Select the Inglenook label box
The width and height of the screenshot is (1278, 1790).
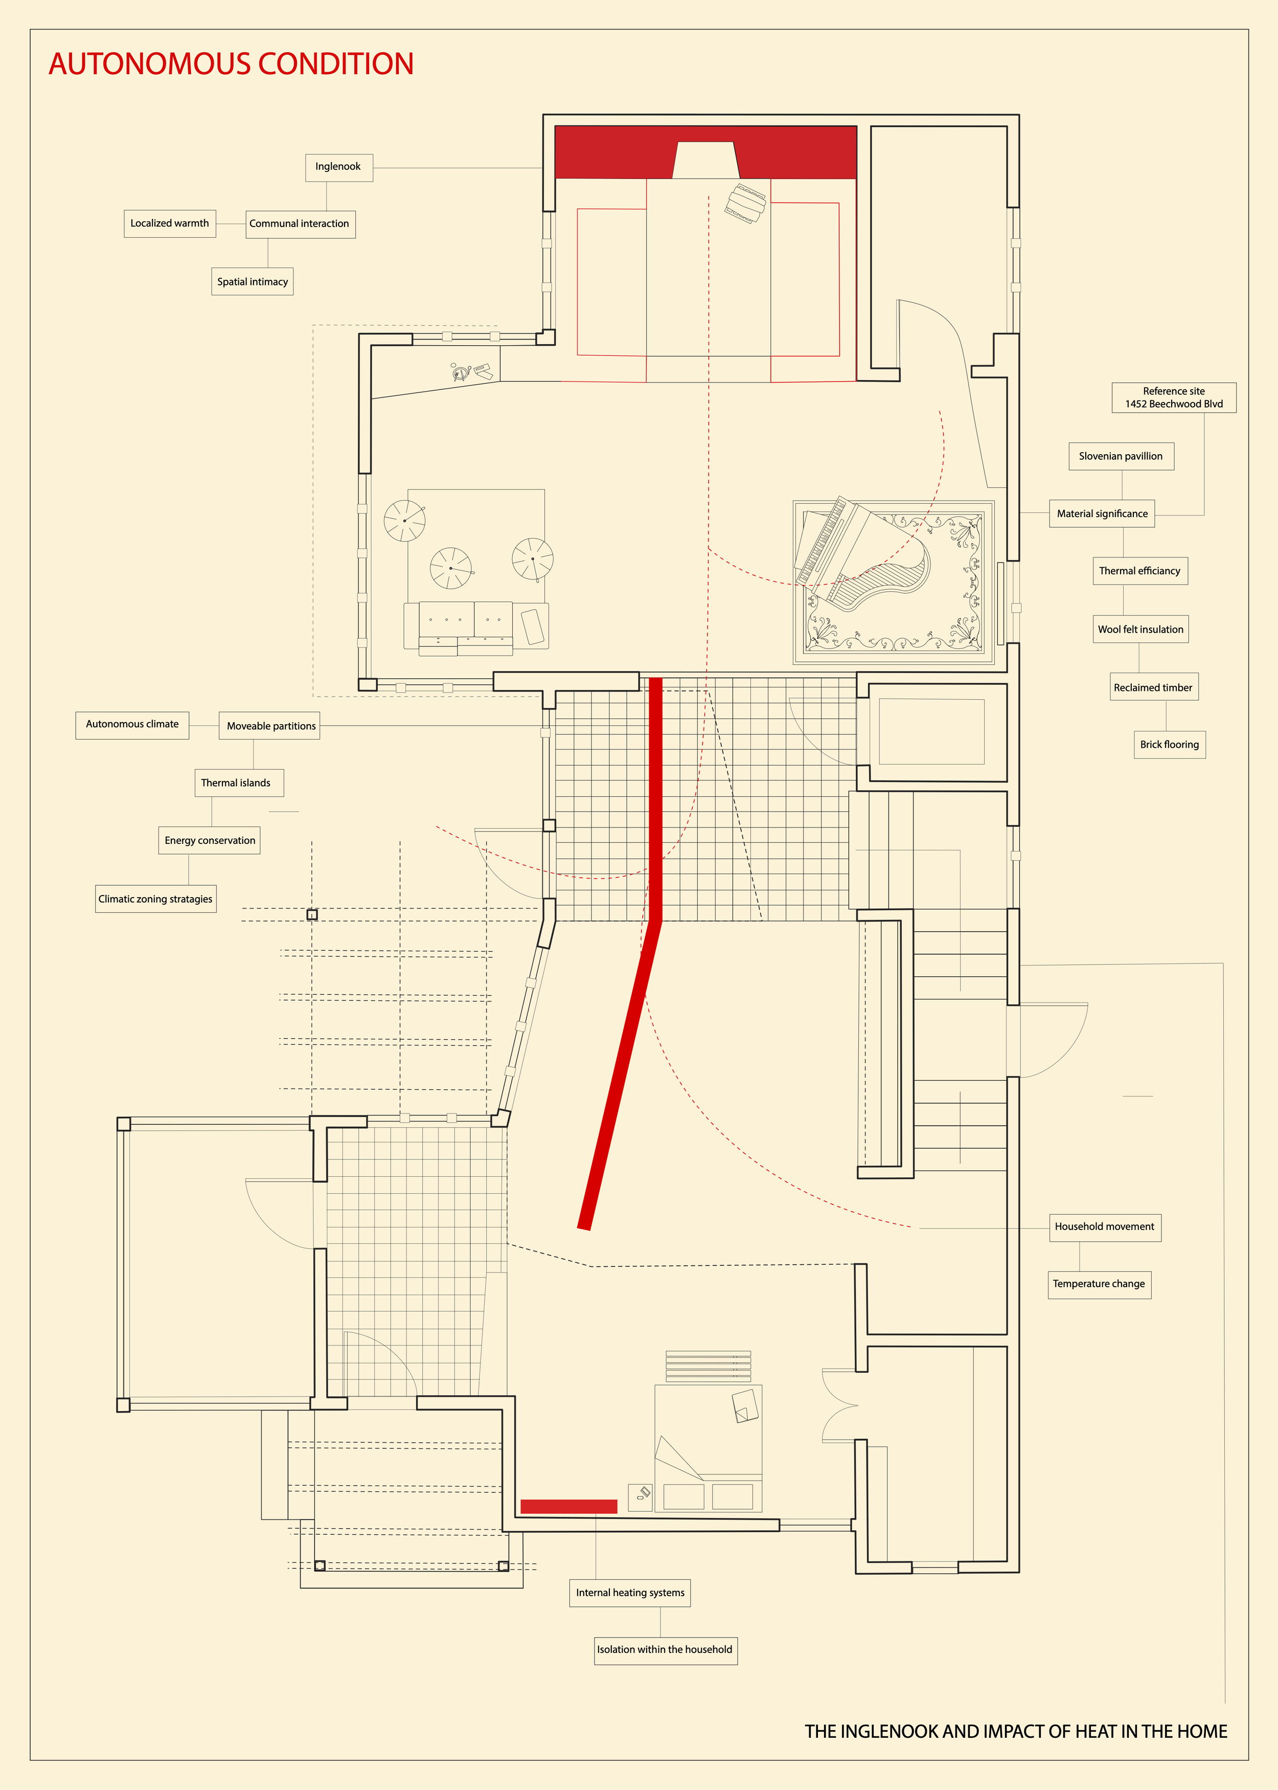click(338, 167)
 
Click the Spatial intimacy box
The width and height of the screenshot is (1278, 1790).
click(252, 282)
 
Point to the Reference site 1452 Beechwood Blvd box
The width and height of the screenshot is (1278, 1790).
click(1173, 397)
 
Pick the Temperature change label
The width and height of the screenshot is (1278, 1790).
click(1099, 1284)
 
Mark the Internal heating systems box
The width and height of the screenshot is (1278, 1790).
click(630, 1593)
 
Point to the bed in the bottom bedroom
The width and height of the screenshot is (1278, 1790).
click(708, 1448)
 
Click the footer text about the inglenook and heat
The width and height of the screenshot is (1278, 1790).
click(1015, 1732)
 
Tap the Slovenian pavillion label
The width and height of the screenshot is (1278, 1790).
click(1121, 457)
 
